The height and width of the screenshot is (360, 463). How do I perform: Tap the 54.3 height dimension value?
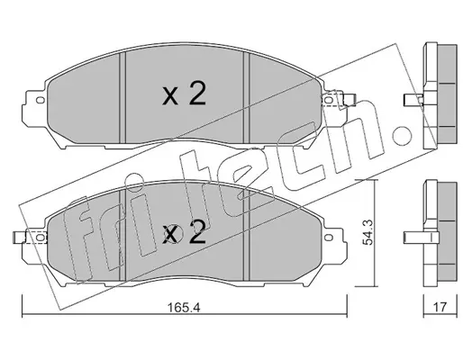tap(368, 232)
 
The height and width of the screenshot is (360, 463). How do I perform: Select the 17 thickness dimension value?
tap(440, 307)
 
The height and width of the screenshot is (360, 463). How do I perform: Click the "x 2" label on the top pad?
tap(184, 94)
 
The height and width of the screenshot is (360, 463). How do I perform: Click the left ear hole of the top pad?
tap(40, 100)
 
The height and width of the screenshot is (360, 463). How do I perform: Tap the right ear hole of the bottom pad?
tap(329, 238)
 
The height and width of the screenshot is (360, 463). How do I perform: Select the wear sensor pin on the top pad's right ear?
tap(350, 100)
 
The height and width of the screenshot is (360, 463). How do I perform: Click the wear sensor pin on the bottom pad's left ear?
tap(20, 237)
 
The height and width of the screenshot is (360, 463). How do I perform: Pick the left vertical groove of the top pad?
tap(123, 98)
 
